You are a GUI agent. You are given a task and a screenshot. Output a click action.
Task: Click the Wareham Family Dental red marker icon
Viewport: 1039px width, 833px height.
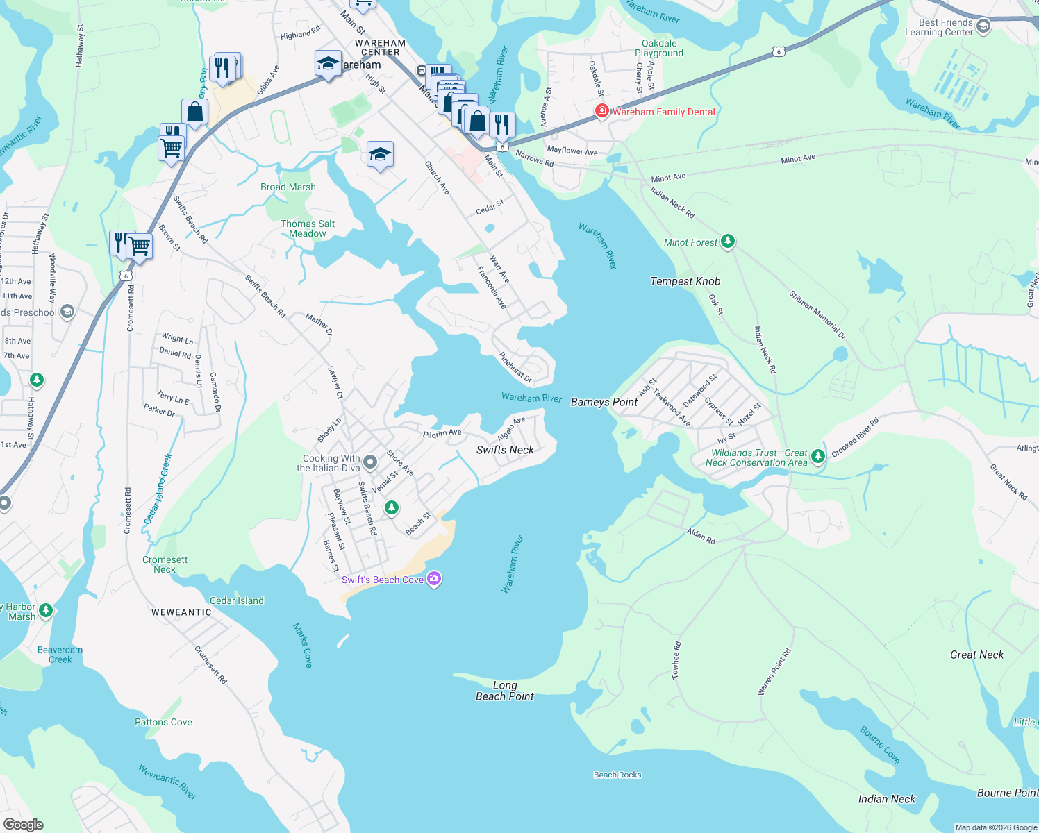[x=601, y=111]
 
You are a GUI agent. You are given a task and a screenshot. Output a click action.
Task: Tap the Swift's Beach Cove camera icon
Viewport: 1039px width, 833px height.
[x=434, y=579]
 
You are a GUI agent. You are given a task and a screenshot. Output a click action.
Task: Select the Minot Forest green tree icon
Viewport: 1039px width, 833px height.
[x=727, y=242]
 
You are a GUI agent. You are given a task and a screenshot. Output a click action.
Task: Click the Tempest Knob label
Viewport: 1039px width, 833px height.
[x=685, y=281]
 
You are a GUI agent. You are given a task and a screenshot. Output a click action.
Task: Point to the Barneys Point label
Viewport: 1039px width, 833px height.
[x=604, y=402]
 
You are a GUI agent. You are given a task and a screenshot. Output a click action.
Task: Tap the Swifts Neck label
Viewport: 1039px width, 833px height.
[x=505, y=450]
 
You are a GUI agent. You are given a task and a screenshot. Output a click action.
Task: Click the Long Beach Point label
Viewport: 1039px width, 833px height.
[x=505, y=691]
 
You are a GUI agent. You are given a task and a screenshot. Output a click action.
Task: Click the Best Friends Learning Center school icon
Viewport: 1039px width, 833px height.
[x=983, y=26]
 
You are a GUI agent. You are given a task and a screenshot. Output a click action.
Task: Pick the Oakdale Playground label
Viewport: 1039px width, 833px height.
[x=659, y=48]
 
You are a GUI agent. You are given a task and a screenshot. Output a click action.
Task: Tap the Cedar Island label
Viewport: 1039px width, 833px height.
[x=237, y=600]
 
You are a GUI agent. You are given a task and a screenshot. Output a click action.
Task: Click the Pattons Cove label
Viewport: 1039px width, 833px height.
[x=163, y=722]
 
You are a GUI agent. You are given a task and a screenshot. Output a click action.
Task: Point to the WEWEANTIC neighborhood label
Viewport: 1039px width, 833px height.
[x=181, y=612]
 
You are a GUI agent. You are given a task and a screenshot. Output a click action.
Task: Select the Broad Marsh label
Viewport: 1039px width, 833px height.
[x=288, y=187]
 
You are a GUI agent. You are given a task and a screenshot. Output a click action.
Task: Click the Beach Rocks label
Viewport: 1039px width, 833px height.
[x=617, y=775]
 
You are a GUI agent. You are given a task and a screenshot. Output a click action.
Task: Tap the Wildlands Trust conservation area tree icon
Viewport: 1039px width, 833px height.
[x=818, y=456]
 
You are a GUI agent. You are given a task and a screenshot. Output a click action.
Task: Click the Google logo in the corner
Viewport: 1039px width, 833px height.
[x=24, y=824]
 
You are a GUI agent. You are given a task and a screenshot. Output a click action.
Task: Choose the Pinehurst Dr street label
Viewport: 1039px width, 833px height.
[x=515, y=368]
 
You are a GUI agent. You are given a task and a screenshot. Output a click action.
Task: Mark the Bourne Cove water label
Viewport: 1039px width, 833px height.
[x=879, y=746]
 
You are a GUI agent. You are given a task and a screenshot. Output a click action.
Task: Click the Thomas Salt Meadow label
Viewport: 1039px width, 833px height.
[x=308, y=228]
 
